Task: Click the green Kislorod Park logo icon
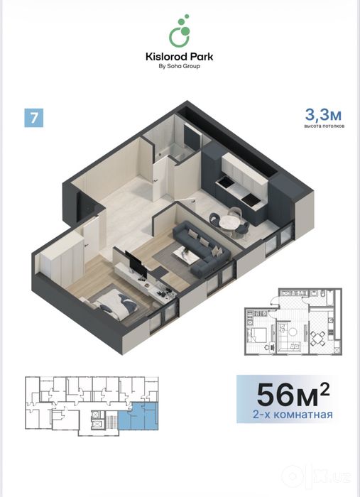[180, 31]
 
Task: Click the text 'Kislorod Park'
[180, 57]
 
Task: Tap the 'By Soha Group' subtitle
[180, 66]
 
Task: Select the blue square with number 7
[34, 118]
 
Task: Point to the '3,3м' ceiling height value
[323, 114]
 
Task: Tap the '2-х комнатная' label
[293, 415]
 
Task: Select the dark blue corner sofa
[202, 249]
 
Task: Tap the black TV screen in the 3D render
[136, 263]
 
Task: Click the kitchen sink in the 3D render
[224, 182]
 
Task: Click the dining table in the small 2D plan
[317, 339]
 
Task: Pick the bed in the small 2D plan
[257, 334]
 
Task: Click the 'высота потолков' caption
[324, 126]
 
